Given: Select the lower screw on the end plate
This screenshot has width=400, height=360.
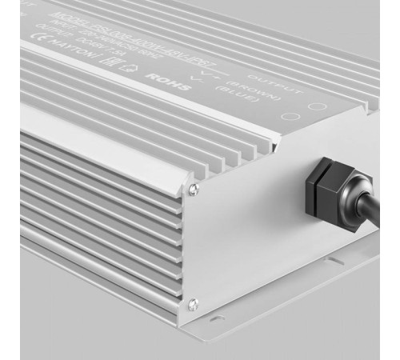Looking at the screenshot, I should click(193, 302).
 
